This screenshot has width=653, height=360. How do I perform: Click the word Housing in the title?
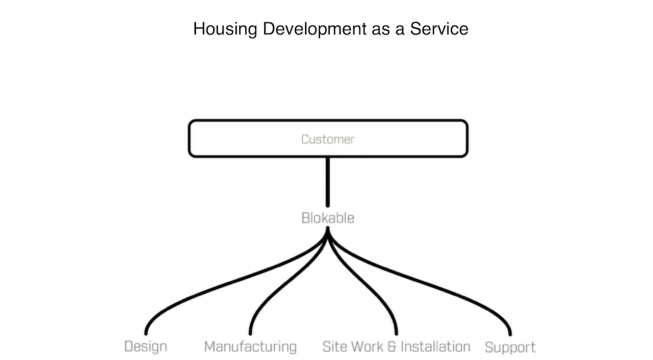225,29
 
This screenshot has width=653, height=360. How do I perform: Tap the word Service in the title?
439,29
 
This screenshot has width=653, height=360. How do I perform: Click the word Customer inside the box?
328,139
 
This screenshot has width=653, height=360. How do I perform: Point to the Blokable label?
328,218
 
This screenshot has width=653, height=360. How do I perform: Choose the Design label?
146,347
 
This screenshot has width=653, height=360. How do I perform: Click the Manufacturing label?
250,347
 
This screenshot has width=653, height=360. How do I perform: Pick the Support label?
510,348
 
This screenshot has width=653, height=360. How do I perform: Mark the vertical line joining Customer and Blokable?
328,182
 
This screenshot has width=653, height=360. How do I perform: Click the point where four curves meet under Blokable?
328,230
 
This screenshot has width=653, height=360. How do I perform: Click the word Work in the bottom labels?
367,347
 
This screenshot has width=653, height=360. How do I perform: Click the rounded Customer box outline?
328,121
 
